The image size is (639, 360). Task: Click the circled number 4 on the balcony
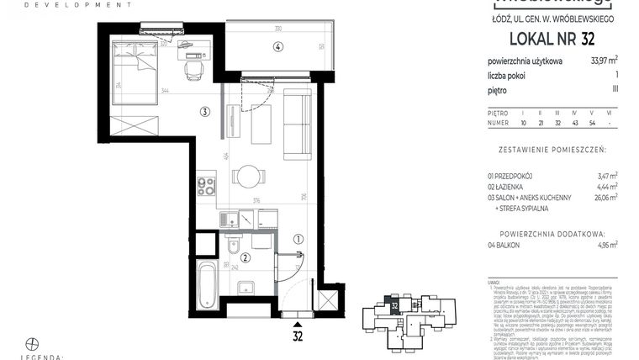tap(278, 47)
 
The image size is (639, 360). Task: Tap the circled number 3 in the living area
tap(204, 111)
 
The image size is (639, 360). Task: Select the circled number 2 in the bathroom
tap(246, 258)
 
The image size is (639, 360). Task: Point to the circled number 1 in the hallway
tap(298, 238)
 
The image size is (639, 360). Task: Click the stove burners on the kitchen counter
tap(206, 186)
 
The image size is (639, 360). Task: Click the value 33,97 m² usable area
tap(605, 60)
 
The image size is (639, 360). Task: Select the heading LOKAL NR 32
tap(552, 38)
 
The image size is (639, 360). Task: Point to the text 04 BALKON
tap(504, 245)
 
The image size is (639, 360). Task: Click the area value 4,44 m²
tap(605, 185)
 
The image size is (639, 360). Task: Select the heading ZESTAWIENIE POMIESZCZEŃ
tap(552, 152)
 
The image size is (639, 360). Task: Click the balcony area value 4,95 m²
tap(605, 245)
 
